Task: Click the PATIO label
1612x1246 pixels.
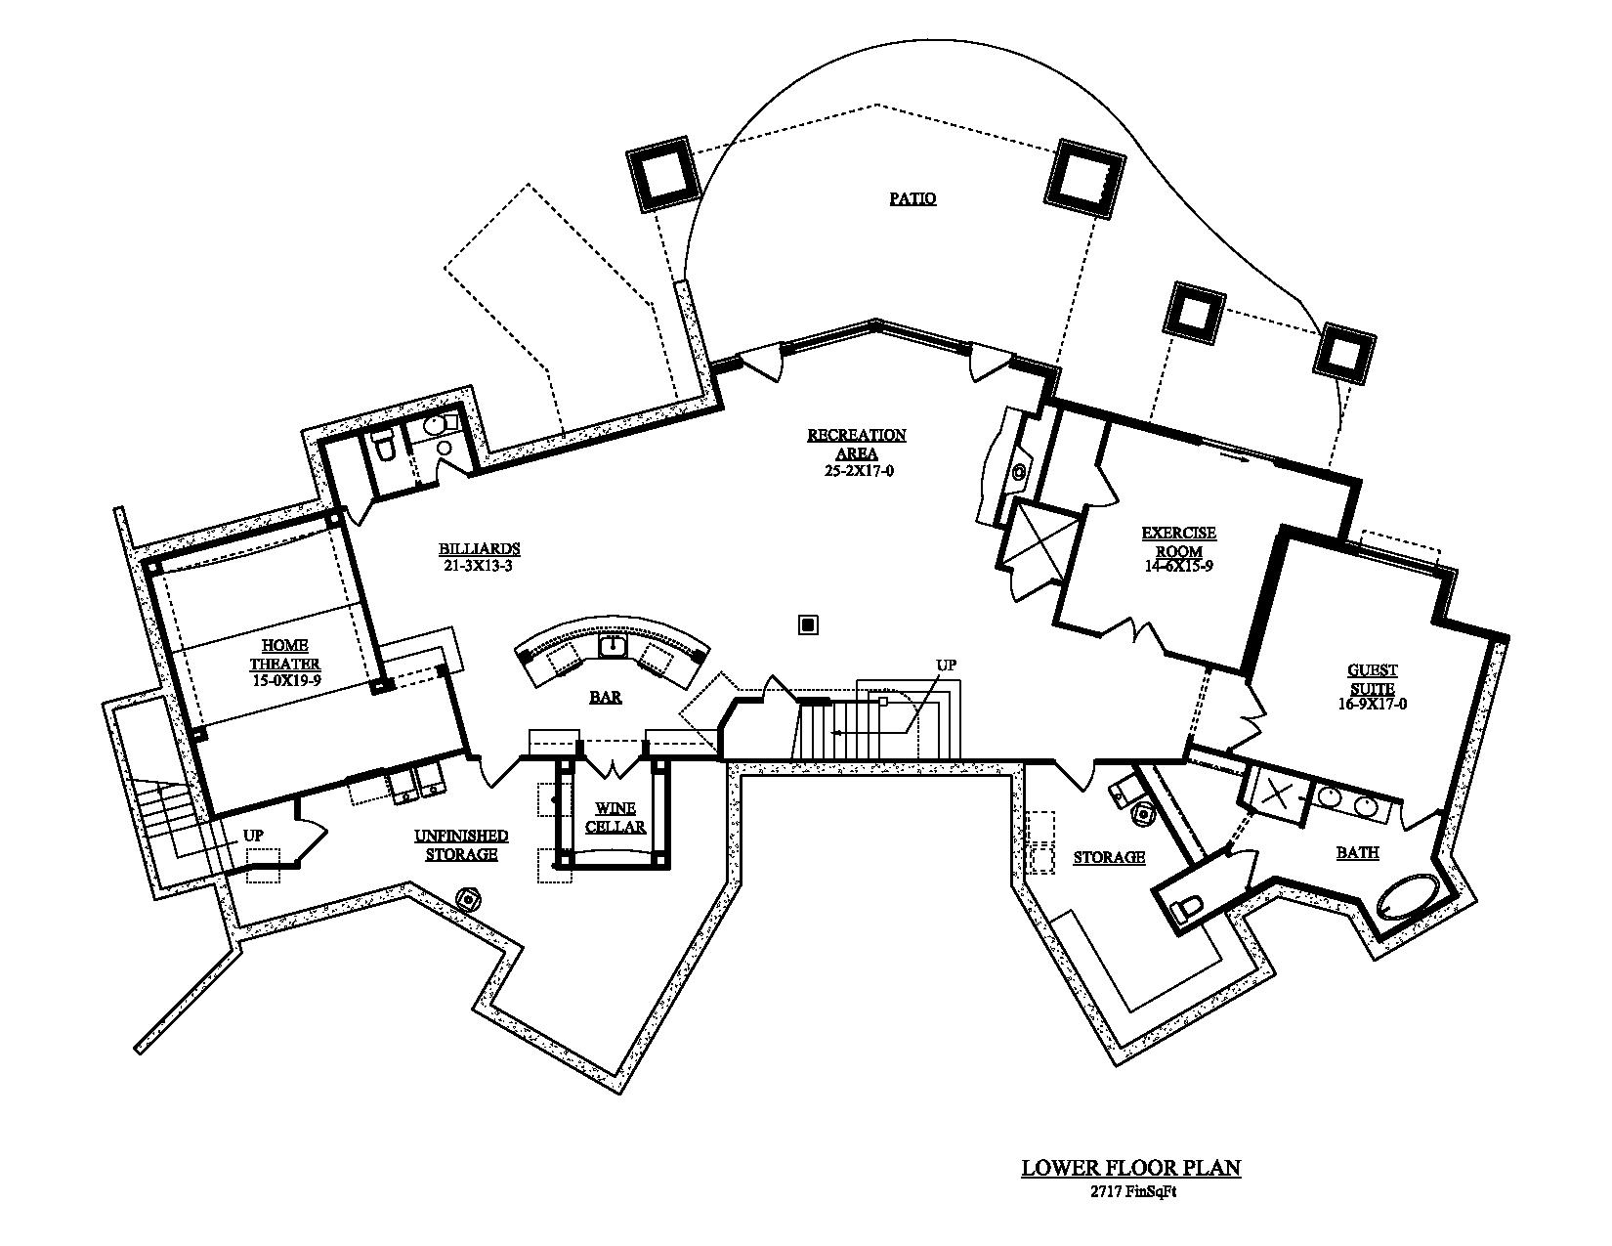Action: tap(912, 198)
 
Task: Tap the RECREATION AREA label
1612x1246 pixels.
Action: tap(856, 444)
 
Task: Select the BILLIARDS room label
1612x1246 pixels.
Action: tap(479, 548)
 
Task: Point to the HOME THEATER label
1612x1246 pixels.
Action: tap(285, 655)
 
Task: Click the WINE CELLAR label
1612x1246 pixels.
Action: tap(615, 817)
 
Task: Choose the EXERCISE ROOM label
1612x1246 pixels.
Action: tap(1179, 541)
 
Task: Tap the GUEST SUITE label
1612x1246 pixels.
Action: tap(1373, 679)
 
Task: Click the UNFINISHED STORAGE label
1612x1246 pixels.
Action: tap(461, 844)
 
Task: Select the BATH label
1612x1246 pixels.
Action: tap(1357, 852)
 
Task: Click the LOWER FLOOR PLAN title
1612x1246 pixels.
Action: tap(1130, 1167)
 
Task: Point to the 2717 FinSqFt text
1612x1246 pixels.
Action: tap(1130, 1190)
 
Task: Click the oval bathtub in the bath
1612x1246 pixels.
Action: tap(1408, 897)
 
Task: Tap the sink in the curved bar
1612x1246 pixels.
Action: tap(613, 645)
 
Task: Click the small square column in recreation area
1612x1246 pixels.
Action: tap(807, 624)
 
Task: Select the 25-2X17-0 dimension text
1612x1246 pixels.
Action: tap(856, 470)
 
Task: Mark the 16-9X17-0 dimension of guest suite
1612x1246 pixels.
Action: tap(1373, 703)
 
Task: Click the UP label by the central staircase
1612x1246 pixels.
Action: tap(946, 666)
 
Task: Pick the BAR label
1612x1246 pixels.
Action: tap(606, 697)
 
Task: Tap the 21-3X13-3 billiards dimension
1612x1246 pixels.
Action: tap(479, 564)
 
